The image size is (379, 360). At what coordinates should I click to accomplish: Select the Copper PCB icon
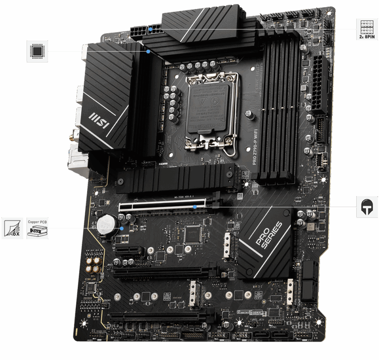[x=37, y=228]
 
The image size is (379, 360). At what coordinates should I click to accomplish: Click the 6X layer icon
[x=12, y=228]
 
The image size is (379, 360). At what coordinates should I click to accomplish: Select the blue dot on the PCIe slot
[x=195, y=207]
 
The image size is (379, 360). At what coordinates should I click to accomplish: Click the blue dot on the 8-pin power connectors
[x=150, y=28]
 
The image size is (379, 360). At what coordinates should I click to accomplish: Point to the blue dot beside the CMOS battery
[x=122, y=228]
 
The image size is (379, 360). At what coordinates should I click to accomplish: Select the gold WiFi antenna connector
[x=75, y=138]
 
